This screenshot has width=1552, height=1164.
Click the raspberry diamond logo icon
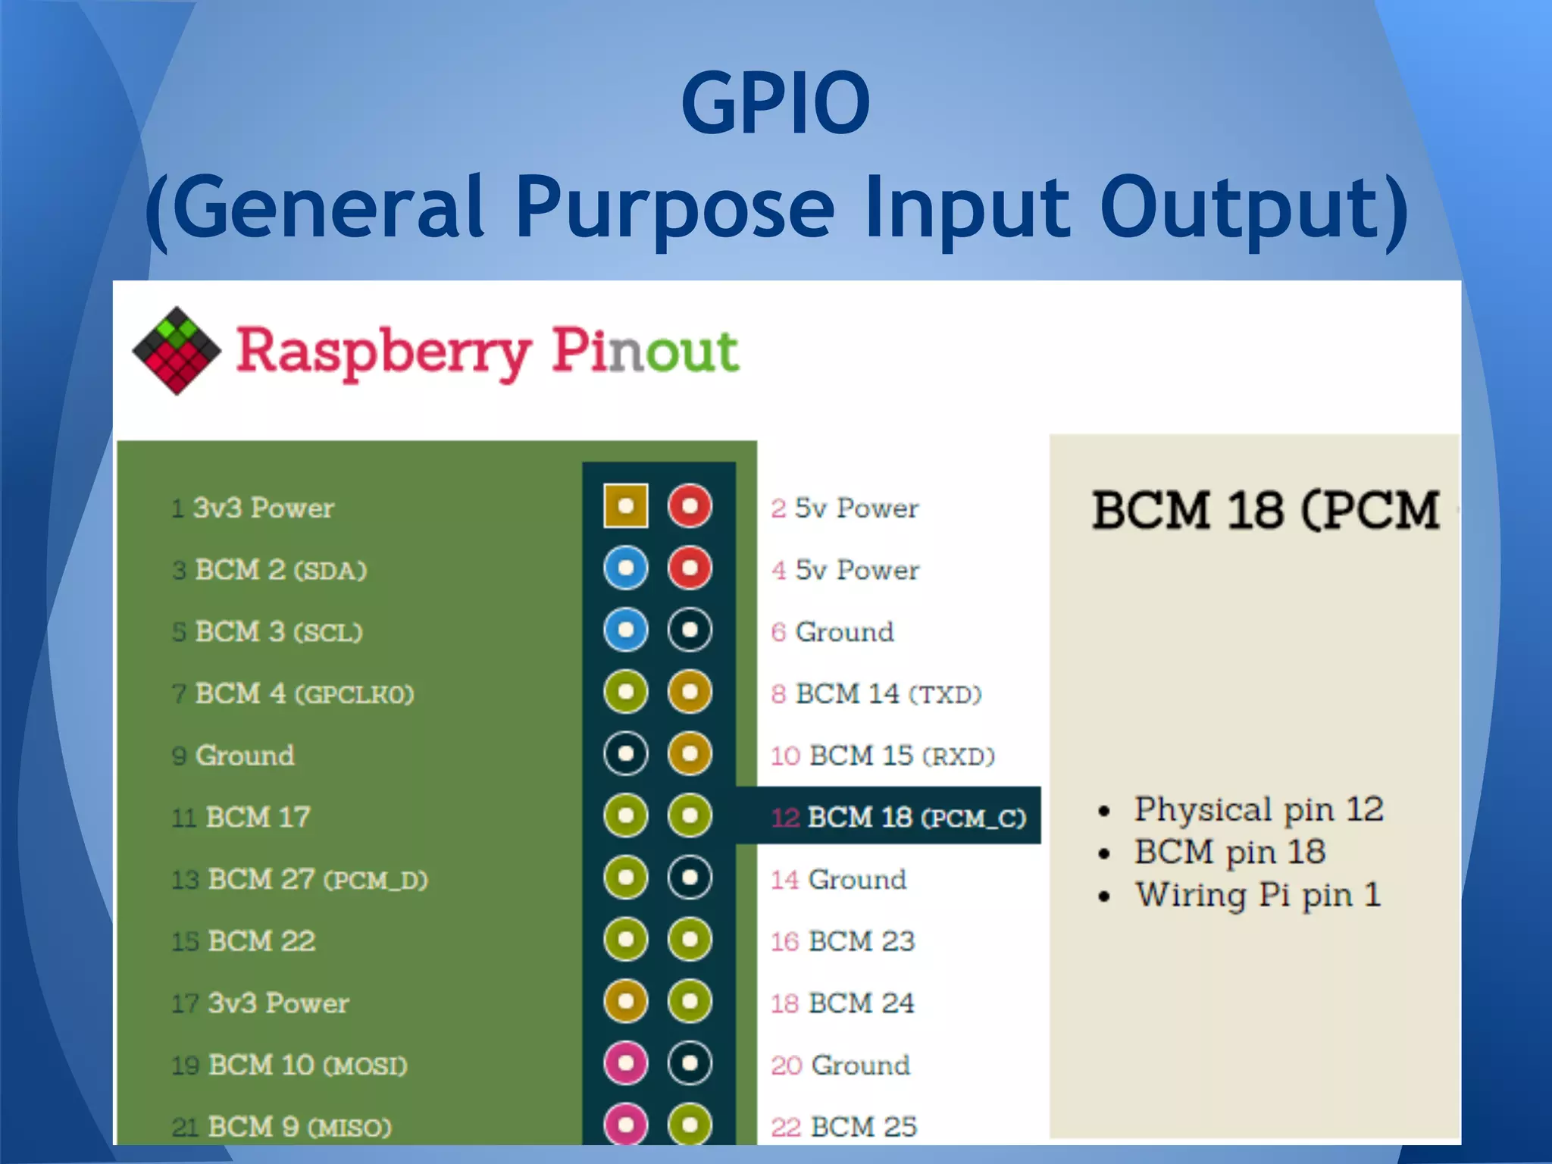[177, 350]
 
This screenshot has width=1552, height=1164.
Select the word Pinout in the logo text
[644, 352]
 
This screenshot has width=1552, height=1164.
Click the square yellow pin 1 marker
[626, 505]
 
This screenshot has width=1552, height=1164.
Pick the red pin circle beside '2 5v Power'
[690, 505]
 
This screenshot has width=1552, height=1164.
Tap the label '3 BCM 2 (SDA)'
[270, 570]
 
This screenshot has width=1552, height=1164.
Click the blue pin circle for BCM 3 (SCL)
[626, 630]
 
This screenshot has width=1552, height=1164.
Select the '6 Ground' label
[833, 632]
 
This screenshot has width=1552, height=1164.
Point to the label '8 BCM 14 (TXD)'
[876, 694]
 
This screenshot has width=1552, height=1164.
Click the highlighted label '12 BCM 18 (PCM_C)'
[898, 817]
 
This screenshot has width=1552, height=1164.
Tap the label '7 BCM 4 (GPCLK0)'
[293, 694]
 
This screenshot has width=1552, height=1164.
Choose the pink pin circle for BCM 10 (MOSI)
[626, 1063]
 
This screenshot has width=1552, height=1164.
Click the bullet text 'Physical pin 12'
[1258, 809]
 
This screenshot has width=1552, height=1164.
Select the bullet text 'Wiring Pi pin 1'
[1258, 895]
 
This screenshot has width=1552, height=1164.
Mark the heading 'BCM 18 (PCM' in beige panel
[1265, 510]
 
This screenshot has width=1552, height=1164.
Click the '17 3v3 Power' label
[260, 1003]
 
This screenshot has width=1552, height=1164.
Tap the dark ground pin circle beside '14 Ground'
[690, 878]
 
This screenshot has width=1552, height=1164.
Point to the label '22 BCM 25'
[843, 1127]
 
